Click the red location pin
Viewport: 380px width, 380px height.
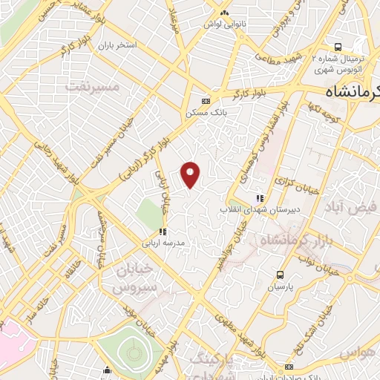point(191,175)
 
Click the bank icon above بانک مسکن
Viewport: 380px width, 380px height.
point(206,101)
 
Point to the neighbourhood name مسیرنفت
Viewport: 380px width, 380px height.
point(93,87)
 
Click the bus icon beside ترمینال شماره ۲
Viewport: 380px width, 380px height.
point(338,45)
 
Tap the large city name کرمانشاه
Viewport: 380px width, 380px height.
point(353,91)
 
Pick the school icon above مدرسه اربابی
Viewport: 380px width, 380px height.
point(163,232)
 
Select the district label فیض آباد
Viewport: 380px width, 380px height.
point(350,206)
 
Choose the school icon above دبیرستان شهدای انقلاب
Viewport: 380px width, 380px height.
point(260,198)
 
